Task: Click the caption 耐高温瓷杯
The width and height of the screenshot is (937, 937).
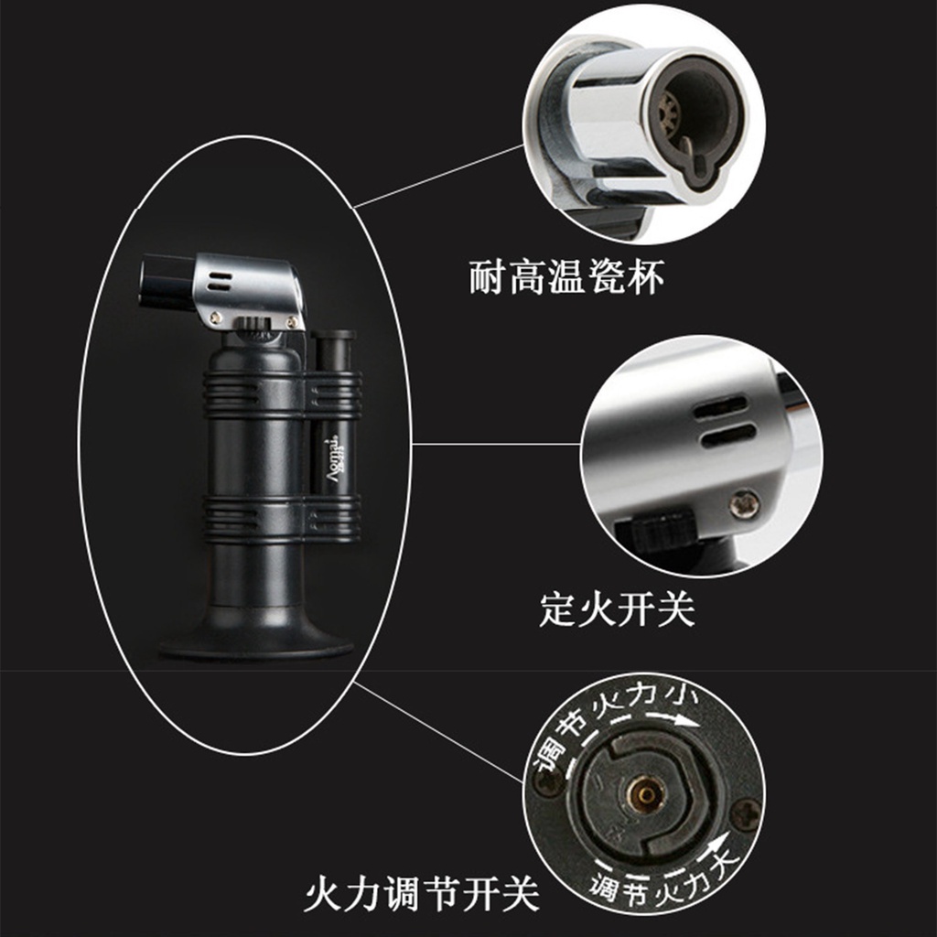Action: pyautogui.click(x=565, y=277)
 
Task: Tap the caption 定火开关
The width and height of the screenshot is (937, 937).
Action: pyautogui.click(x=617, y=609)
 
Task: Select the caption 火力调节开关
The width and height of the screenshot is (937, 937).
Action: pyautogui.click(x=422, y=894)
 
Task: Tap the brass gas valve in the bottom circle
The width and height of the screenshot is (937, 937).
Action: pyautogui.click(x=646, y=794)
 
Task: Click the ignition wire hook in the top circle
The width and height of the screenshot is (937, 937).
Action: pyautogui.click(x=694, y=162)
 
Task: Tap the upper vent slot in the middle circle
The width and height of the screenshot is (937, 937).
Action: pyautogui.click(x=721, y=406)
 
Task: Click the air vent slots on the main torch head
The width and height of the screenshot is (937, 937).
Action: pyautogui.click(x=221, y=282)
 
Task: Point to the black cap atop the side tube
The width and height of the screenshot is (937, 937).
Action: pyautogui.click(x=333, y=336)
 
